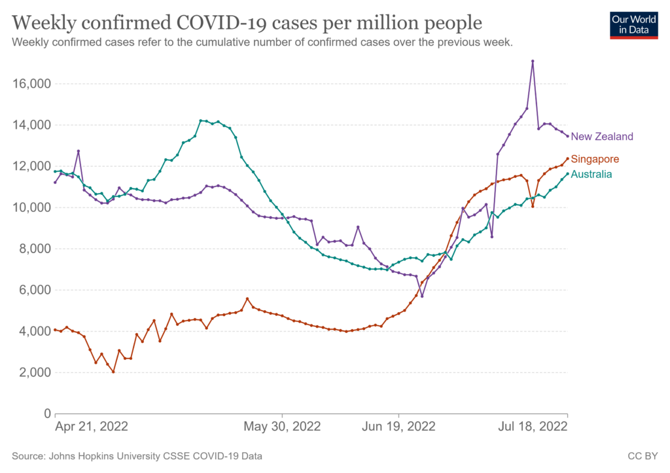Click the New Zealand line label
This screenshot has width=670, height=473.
[x=602, y=137]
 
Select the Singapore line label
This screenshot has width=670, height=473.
[x=595, y=159]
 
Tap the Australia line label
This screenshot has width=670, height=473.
[x=591, y=174]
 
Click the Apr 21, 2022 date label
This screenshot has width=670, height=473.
[x=92, y=427]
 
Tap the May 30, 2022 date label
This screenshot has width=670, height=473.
[x=282, y=427]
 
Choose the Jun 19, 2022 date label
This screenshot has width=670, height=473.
[x=398, y=427]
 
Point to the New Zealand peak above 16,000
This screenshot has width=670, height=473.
[x=533, y=61]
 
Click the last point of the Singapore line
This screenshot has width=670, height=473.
[x=567, y=158]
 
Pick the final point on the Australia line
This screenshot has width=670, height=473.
[x=567, y=173]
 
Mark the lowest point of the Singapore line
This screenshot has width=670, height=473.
[x=113, y=372]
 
